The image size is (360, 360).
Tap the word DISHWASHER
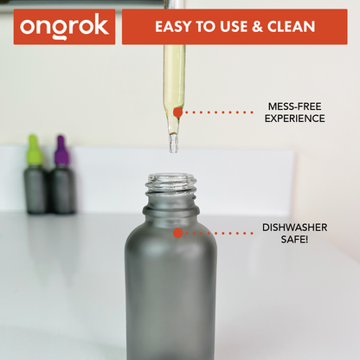295,228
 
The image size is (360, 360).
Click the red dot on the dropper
177,112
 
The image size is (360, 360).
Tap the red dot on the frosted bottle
177,233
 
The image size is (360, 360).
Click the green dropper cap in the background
34,151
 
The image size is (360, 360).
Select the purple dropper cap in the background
61,151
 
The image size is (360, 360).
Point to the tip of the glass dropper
173,150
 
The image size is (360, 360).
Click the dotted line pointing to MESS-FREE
220,112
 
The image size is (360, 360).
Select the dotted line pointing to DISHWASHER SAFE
220,233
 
